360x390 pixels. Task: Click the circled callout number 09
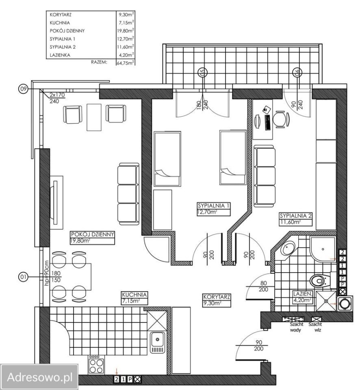tap(23, 89)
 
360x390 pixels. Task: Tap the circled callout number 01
tap(23, 277)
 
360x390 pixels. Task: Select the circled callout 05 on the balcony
tap(202, 72)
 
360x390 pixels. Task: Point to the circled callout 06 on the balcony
tap(297, 72)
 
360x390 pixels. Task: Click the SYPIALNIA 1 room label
tap(214, 206)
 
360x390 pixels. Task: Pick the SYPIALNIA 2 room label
tap(295, 216)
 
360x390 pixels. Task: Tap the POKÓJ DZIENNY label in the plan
tap(93, 234)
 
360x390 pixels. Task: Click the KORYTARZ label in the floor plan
tap(217, 297)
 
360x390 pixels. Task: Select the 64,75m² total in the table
tap(126, 63)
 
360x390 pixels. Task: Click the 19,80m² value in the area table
tap(126, 30)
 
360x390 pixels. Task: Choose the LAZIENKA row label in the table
tap(60, 55)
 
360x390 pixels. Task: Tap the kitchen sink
tap(158, 342)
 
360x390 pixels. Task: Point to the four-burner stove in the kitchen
tap(96, 365)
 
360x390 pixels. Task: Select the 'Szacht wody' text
tap(296, 327)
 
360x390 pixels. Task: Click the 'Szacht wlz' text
tap(315, 327)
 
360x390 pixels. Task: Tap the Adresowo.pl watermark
tap(40, 377)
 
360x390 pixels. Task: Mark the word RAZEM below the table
tap(99, 62)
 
